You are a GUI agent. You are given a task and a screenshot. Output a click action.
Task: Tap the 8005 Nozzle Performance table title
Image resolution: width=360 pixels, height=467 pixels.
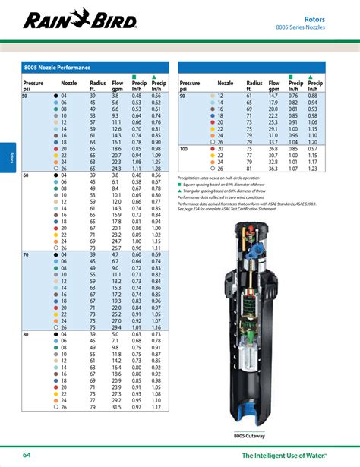54,67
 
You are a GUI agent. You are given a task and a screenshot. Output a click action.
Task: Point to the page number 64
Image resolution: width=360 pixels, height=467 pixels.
27,455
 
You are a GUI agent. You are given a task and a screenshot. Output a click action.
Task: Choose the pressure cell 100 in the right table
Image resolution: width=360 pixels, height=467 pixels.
184,148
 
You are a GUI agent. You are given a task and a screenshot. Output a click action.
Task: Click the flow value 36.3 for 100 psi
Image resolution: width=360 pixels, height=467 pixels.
273,169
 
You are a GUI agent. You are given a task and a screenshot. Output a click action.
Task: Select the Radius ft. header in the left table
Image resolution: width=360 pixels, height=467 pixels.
98,85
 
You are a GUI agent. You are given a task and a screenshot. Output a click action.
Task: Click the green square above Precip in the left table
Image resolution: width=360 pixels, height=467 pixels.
136,76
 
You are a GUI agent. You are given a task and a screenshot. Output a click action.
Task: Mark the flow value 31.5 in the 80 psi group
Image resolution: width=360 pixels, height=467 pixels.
116,408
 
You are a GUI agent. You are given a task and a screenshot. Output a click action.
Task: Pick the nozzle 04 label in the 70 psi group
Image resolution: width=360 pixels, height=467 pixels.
64,254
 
